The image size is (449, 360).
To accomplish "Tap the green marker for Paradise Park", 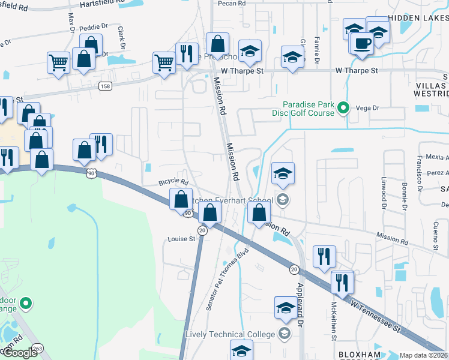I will tap(343, 109).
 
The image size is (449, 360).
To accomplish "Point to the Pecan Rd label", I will tap(233, 3).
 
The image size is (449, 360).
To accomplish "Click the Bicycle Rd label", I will tap(173, 182).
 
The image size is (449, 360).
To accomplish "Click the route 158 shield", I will tap(105, 86).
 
